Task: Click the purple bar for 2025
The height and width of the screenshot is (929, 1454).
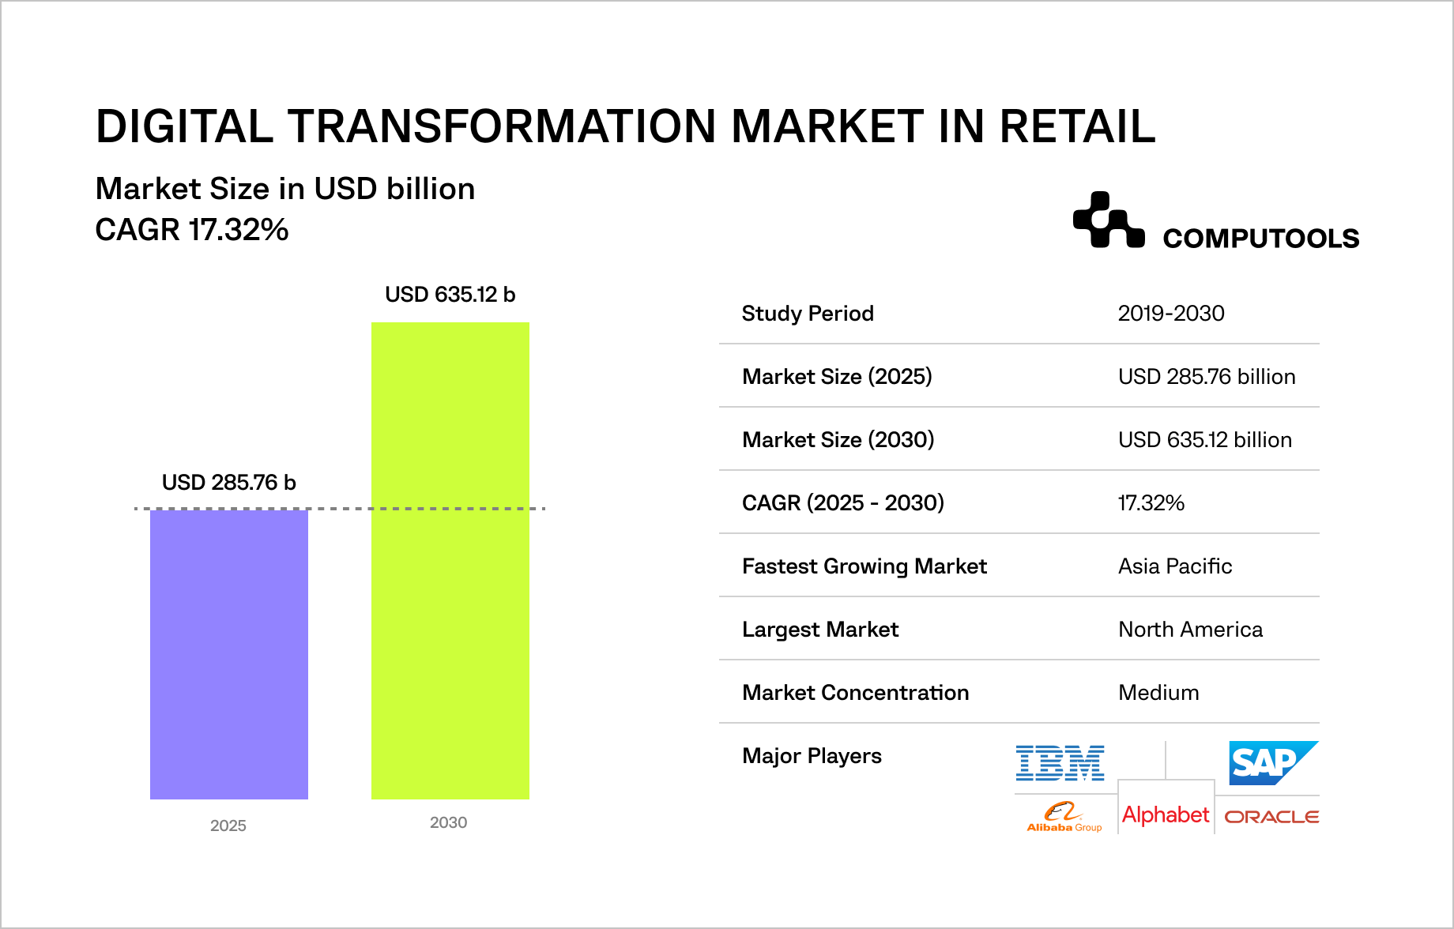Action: pyautogui.click(x=229, y=654)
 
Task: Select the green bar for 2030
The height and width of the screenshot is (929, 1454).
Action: pyautogui.click(x=450, y=561)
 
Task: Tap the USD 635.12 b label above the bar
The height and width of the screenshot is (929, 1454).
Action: pyautogui.click(x=450, y=295)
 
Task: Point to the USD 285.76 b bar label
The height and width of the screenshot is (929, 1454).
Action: pyautogui.click(x=228, y=483)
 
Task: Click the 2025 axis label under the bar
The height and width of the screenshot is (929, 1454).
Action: pyautogui.click(x=228, y=826)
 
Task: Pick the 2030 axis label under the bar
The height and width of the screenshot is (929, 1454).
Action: pyautogui.click(x=449, y=822)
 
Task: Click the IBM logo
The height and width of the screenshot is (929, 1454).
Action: pyautogui.click(x=1060, y=763)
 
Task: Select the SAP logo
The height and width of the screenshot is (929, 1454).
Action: pyautogui.click(x=1273, y=763)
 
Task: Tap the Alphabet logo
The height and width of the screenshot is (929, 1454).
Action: pyautogui.click(x=1166, y=814)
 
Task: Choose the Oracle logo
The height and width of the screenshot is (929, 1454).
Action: pyautogui.click(x=1271, y=817)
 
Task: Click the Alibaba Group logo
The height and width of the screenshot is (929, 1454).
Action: pyautogui.click(x=1064, y=817)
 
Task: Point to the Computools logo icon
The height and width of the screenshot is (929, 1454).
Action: pyautogui.click(x=1109, y=220)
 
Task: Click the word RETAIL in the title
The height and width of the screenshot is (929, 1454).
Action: pyautogui.click(x=1077, y=126)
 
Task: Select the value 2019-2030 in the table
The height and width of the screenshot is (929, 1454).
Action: pyautogui.click(x=1171, y=314)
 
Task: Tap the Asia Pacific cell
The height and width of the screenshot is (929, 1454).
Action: pyautogui.click(x=1175, y=566)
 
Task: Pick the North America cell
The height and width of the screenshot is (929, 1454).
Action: pyautogui.click(x=1190, y=630)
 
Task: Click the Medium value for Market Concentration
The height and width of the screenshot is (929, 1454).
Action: pyautogui.click(x=1158, y=693)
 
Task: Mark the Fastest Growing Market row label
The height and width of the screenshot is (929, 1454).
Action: pyautogui.click(x=864, y=566)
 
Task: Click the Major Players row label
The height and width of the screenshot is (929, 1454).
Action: pyautogui.click(x=812, y=756)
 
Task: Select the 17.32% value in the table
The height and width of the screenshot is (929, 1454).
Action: pyautogui.click(x=1151, y=503)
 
